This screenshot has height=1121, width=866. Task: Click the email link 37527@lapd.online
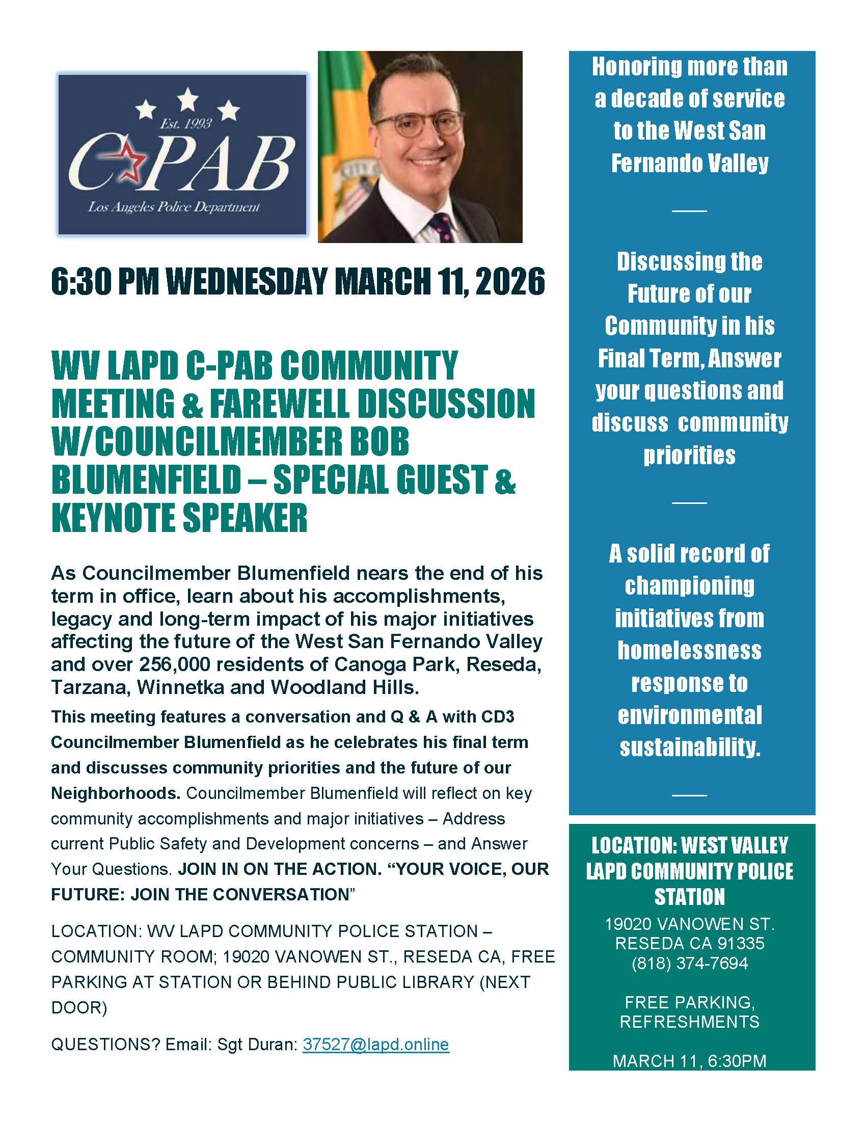(375, 1044)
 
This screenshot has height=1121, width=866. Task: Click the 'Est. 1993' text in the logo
(186, 124)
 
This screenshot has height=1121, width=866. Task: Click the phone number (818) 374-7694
(690, 963)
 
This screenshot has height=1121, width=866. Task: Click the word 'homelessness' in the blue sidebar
(690, 650)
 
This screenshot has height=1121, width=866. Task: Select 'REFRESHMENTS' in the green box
(690, 1022)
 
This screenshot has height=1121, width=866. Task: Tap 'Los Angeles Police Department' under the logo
(173, 207)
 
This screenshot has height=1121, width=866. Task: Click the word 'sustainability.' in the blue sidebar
(690, 748)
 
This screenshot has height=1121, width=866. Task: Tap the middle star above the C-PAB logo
(188, 98)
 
